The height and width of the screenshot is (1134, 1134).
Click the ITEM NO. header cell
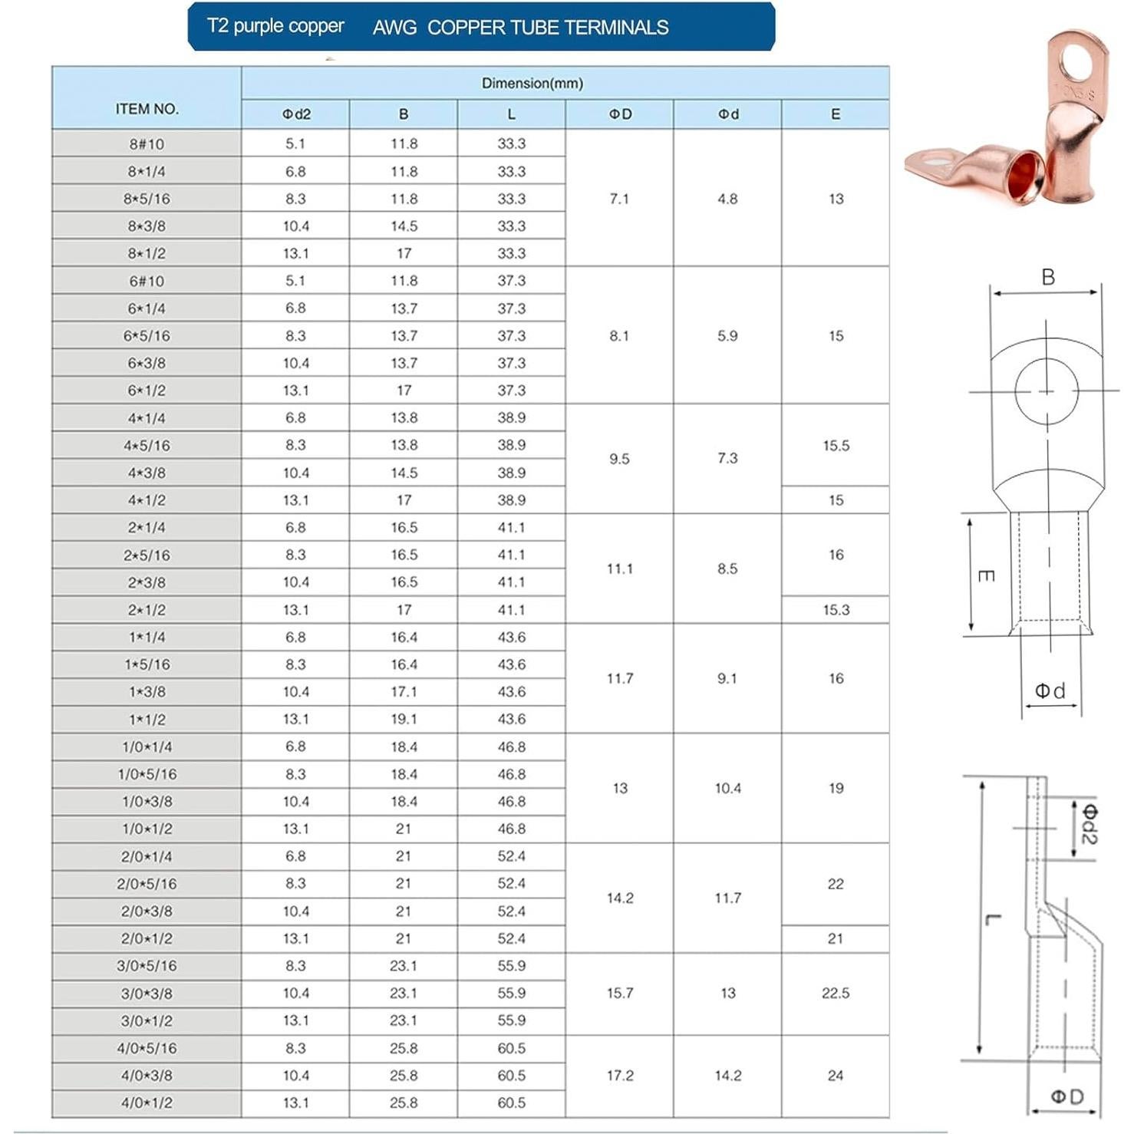(147, 109)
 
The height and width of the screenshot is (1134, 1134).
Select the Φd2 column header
(295, 114)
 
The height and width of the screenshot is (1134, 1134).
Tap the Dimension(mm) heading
(532, 83)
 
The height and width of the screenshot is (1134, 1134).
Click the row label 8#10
(147, 143)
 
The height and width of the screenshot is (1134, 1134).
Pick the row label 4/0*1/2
(147, 1103)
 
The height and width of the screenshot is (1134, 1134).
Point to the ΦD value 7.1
(619, 199)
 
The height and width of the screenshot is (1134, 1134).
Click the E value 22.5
(836, 993)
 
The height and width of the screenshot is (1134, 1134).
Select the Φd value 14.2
(727, 1076)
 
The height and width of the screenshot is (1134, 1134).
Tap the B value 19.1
(404, 719)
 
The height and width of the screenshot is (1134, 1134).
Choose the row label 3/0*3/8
(147, 993)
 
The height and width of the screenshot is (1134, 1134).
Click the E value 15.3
(836, 610)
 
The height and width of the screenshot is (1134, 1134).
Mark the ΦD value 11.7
(619, 678)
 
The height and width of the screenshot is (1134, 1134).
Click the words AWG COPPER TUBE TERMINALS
(520, 28)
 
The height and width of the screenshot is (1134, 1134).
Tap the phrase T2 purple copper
(275, 26)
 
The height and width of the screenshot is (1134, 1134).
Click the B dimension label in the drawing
(1048, 278)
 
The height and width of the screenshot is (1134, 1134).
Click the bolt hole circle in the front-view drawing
(1047, 391)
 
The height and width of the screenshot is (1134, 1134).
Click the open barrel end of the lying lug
(1024, 173)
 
